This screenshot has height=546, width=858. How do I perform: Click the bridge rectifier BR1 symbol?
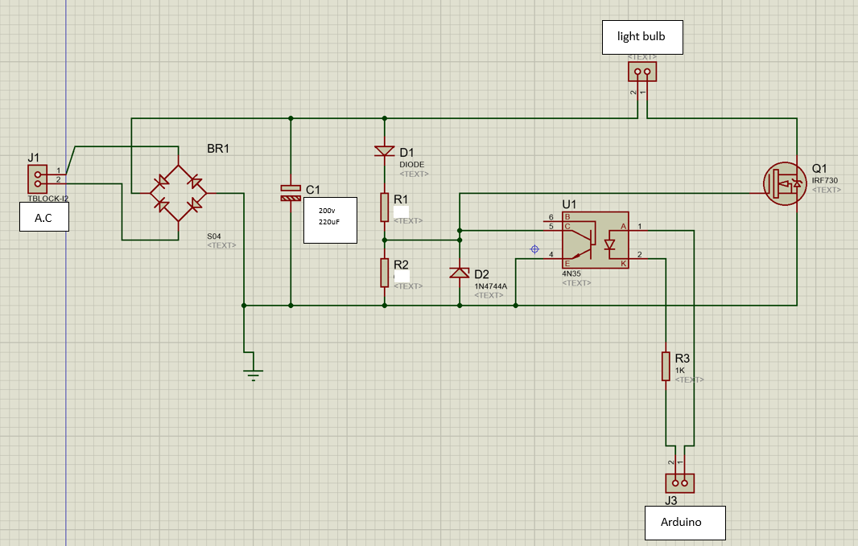[178, 193]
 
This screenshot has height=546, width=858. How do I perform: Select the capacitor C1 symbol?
[291, 192]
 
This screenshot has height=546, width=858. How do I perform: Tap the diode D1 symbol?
[385, 151]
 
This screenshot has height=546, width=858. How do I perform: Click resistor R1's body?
[385, 207]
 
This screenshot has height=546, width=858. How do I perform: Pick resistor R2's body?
[385, 273]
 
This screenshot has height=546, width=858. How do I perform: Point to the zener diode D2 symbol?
[460, 273]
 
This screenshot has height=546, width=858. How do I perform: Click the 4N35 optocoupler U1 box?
[596, 240]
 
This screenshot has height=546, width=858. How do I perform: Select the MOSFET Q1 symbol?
[785, 185]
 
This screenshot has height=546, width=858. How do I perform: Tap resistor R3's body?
[666, 365]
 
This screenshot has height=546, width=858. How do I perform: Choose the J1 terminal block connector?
[38, 178]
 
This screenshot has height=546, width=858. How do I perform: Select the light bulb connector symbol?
[641, 72]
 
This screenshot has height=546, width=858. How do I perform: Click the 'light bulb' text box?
[642, 37]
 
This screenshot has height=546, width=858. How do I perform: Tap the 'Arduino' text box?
[685, 522]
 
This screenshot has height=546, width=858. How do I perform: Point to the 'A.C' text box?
[43, 217]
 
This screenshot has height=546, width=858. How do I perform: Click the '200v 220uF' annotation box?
[330, 220]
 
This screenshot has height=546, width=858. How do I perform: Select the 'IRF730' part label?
[825, 181]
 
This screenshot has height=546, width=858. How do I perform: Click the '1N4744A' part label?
[490, 285]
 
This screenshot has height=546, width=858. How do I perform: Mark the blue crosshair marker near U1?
[534, 249]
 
